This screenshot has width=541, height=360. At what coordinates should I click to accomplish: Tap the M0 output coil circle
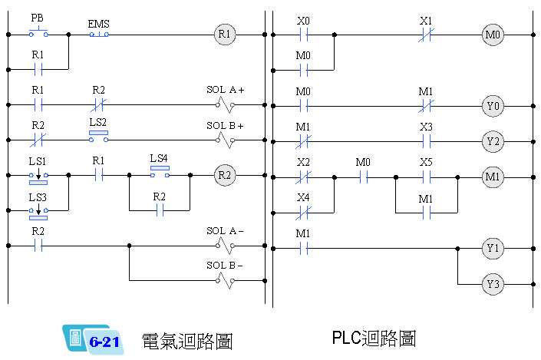pos(492,35)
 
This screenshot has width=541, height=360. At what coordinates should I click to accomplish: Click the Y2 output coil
pos(492,140)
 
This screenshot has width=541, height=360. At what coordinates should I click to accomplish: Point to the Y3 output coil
pos(492,285)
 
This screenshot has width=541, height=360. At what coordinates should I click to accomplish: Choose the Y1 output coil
pos(492,248)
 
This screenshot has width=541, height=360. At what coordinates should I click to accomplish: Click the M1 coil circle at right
pos(492,177)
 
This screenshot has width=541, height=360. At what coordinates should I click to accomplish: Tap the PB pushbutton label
pos(38,17)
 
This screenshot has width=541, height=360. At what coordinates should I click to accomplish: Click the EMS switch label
pos(98,24)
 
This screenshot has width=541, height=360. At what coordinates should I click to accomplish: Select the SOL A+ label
pos(225,90)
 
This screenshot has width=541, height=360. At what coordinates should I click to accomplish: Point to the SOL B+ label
pos(225,125)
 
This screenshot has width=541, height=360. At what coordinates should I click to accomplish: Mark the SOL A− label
pos(225,231)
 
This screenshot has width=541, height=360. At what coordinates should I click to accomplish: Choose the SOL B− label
pos(225,266)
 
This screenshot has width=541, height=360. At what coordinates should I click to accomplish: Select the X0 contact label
pos(304,21)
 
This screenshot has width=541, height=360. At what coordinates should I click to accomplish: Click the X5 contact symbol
pos(427,176)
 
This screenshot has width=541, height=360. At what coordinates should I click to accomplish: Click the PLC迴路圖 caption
pos(374,338)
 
